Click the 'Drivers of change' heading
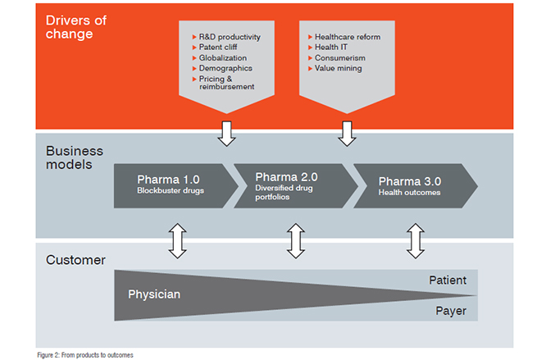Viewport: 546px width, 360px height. click(76, 27)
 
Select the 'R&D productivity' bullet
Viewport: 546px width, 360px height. click(230, 37)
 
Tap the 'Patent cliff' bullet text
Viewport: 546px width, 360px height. click(218, 47)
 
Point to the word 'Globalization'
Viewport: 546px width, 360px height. click(223, 57)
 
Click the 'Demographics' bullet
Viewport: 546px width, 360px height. click(225, 68)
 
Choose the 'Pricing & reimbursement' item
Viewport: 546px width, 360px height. click(226, 83)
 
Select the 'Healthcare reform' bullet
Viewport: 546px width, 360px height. click(348, 37)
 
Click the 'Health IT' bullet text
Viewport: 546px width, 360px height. click(331, 47)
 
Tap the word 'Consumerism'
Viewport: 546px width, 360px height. click(340, 57)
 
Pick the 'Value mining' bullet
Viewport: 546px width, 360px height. click(339, 68)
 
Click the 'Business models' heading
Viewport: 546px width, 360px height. click(75, 157)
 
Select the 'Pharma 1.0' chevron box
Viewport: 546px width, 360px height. click(176, 186)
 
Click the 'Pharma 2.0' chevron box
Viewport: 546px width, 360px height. click(296, 186)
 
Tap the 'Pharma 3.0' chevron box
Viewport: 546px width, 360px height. click(416, 186)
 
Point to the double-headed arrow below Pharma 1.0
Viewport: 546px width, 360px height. click(178, 241)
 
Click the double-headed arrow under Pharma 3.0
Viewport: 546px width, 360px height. click(416, 241)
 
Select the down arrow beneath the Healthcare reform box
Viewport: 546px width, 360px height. click(347, 134)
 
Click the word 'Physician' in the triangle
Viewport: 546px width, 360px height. click(154, 294)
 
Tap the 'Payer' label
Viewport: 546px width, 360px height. click(451, 311)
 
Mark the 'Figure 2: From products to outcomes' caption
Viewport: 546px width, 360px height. click(85, 355)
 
